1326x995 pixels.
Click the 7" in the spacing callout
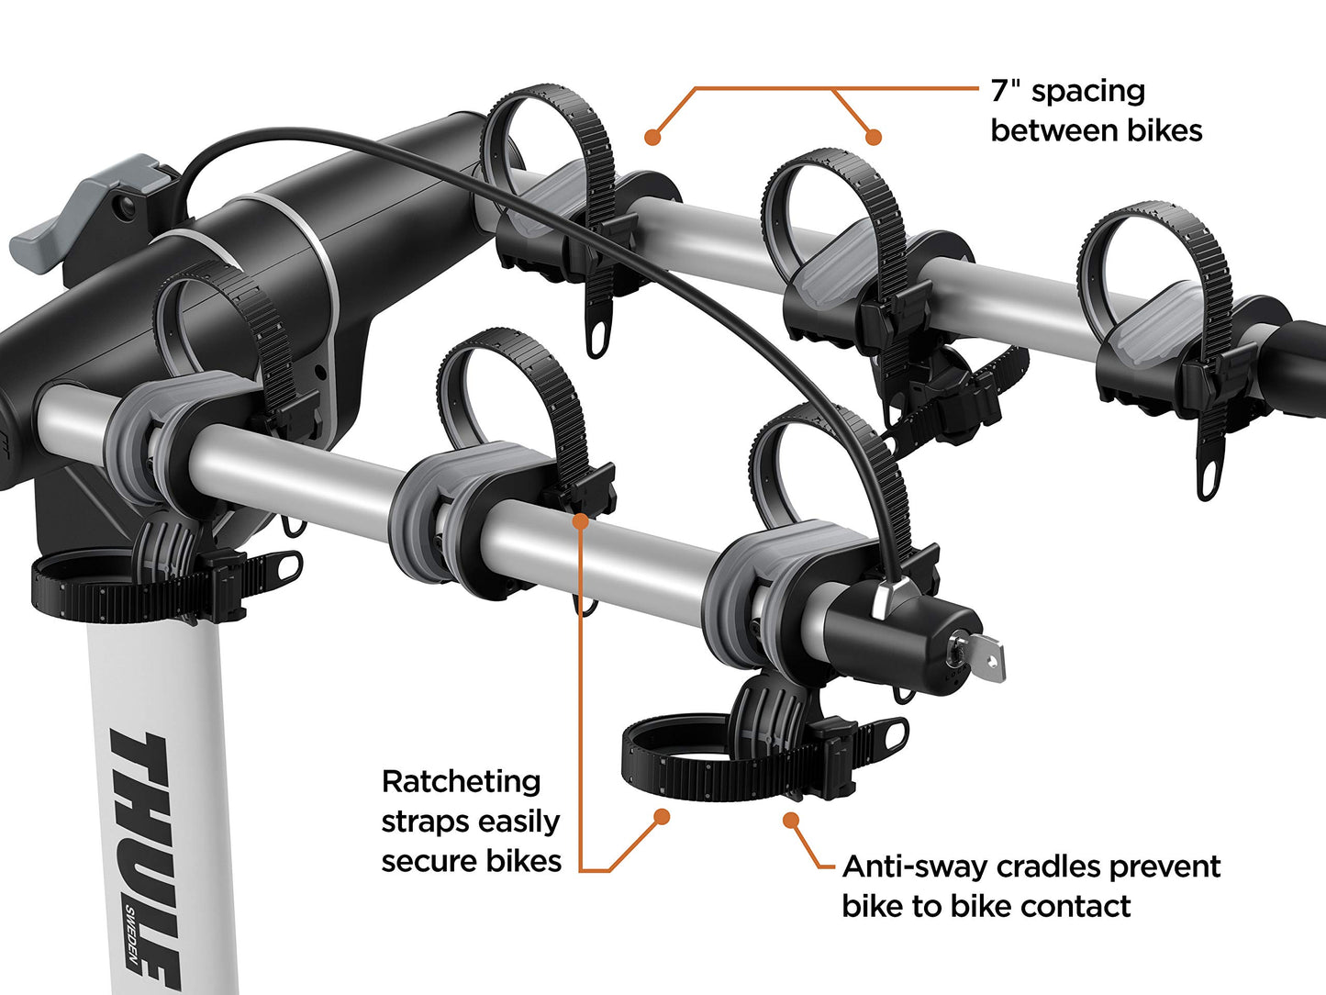[1006, 91]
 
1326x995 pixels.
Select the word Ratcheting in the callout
[461, 782]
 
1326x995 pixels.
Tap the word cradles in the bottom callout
[1055, 866]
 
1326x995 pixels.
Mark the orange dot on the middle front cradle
[580, 521]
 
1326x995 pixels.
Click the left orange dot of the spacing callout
[652, 137]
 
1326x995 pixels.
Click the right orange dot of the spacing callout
[874, 137]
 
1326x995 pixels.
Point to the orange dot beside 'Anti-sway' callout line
[789, 819]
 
